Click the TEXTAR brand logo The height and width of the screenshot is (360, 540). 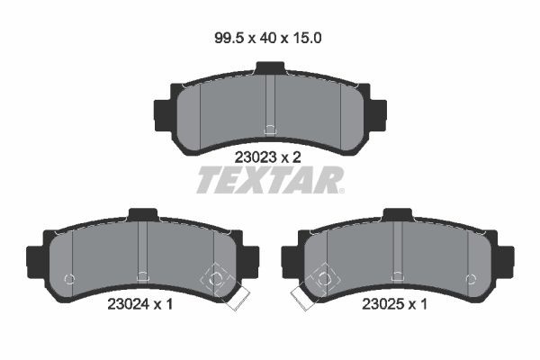point(267,181)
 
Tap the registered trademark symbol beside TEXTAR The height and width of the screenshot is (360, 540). point(340,191)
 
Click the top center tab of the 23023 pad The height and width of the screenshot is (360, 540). point(269,68)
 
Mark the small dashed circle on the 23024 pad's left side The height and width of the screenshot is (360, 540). point(70,277)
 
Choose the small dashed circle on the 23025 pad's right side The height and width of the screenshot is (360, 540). point(469,277)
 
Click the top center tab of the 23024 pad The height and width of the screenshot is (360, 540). point(142,215)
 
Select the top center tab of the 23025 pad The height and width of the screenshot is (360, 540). point(397,215)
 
